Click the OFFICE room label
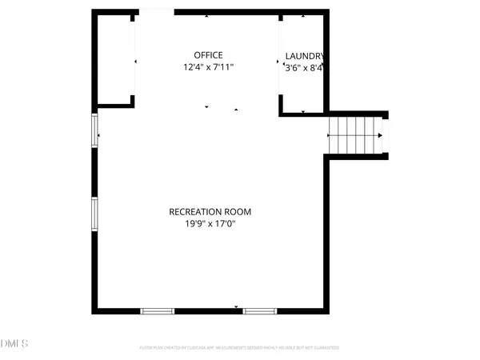[207, 55]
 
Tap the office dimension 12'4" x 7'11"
[207, 69]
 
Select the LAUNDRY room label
[305, 55]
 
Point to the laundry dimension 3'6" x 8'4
[304, 69]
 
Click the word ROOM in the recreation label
[238, 212]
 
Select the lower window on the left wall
[94, 214]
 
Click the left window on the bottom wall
[158, 310]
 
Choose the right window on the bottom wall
[260, 310]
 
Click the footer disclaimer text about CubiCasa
[239, 348]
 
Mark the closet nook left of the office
[115, 59]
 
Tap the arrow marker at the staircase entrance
[330, 136]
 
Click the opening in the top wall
[154, 12]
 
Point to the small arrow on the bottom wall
[236, 307]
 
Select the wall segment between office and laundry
[280, 60]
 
